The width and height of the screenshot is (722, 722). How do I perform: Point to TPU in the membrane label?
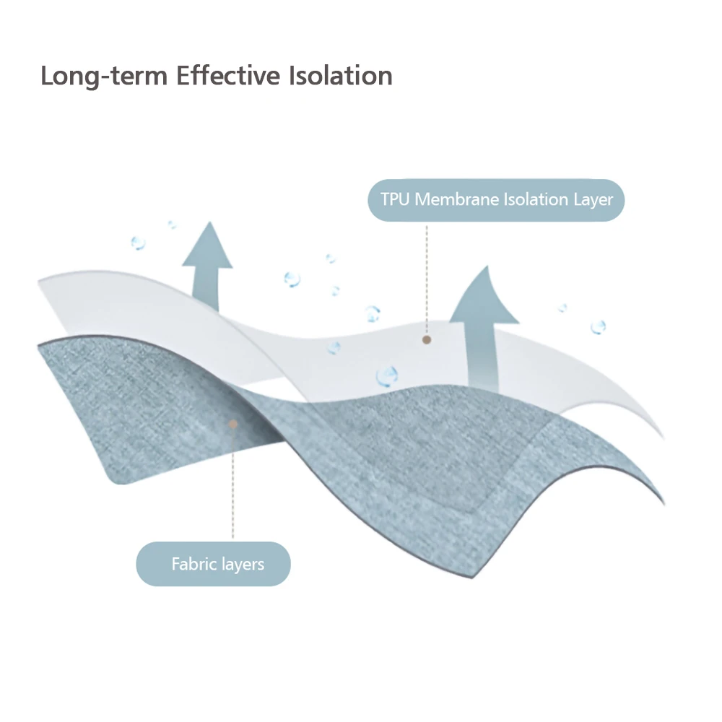point(394,199)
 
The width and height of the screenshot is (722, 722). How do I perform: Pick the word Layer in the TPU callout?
point(593,199)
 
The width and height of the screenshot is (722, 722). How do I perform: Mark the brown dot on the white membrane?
point(427,339)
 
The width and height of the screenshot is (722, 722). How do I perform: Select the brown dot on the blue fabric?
point(232,425)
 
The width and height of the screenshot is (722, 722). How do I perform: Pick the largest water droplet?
point(387,375)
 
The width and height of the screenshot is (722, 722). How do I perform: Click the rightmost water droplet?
point(598,327)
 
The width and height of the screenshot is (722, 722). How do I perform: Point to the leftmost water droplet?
point(138,243)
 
